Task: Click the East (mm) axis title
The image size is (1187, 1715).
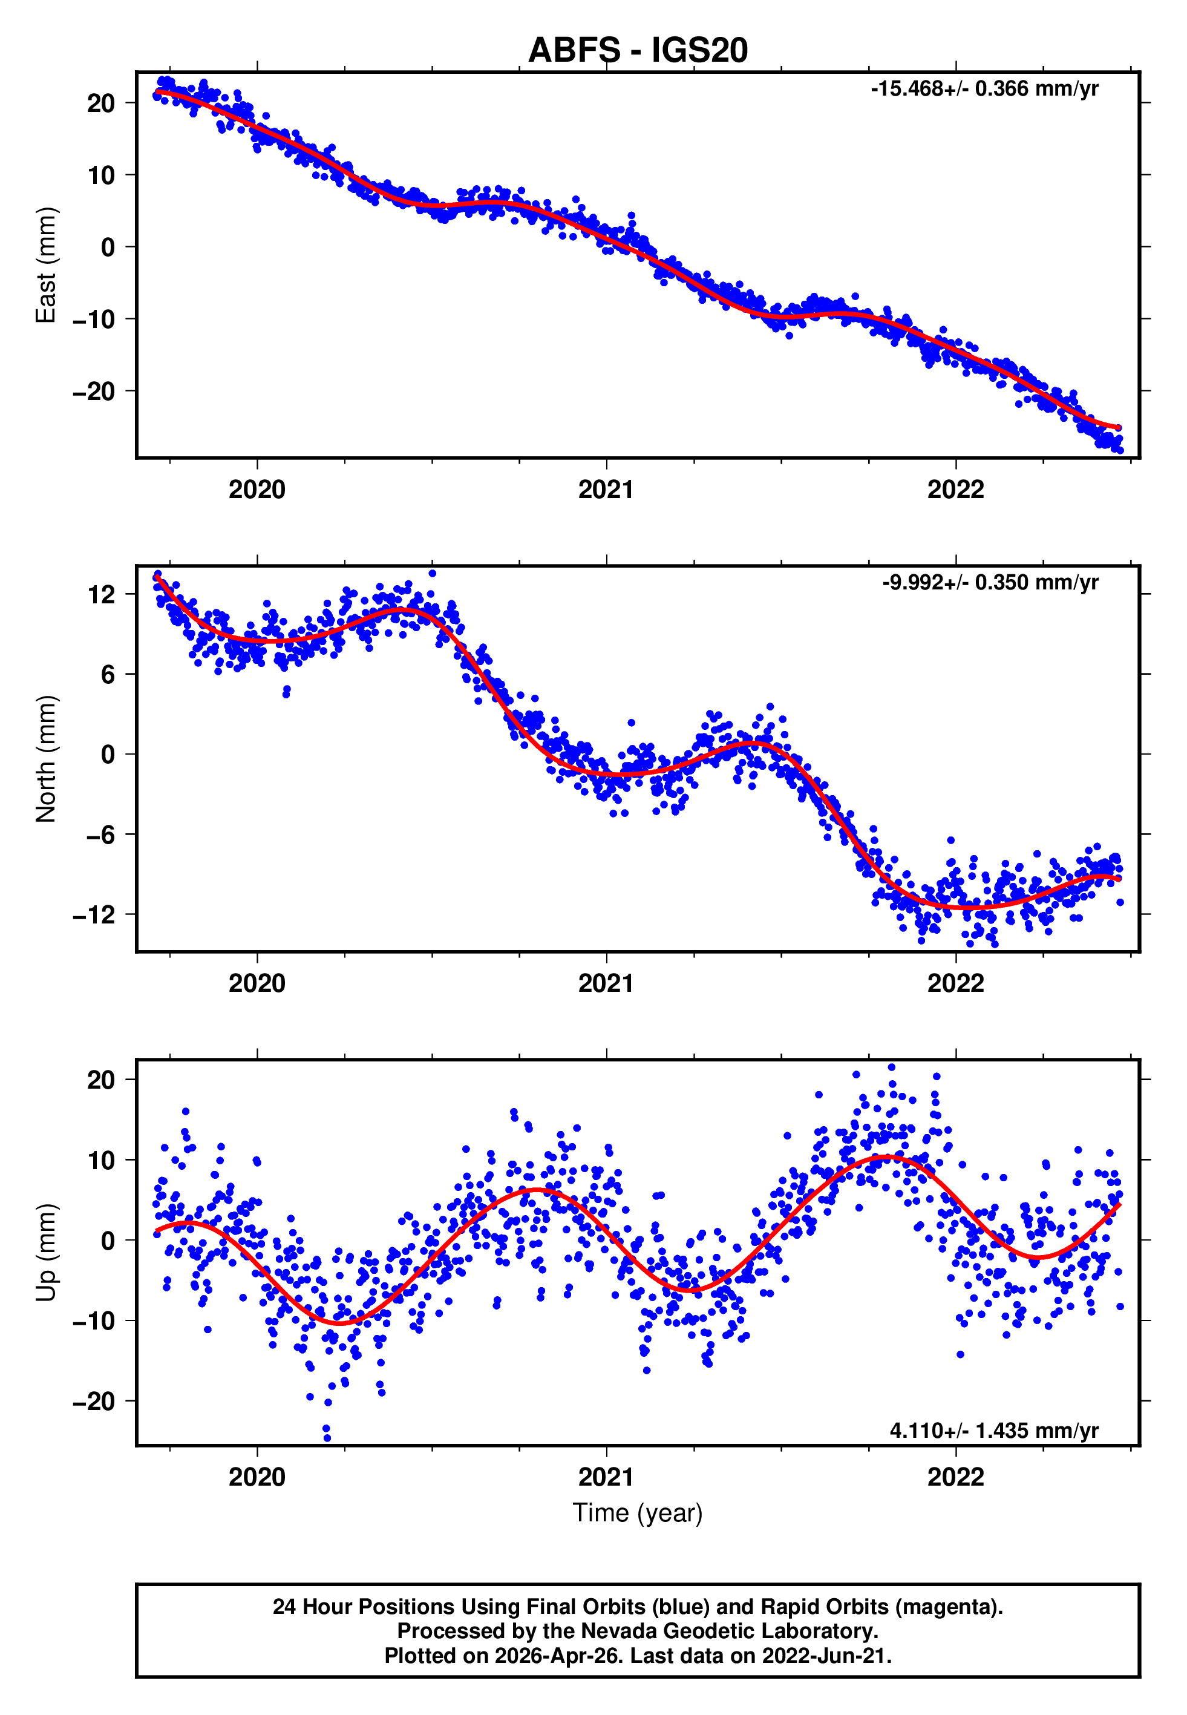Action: pos(46,265)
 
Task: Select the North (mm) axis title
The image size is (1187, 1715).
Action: pos(46,759)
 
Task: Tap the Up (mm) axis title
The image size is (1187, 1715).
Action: pos(46,1253)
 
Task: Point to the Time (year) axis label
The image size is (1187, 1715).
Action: pos(638,1513)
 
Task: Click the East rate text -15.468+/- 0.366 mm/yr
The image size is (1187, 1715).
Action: pos(985,89)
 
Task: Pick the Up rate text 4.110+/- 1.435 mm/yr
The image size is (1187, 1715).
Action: pos(995,1430)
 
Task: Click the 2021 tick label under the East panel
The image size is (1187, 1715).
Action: pos(606,490)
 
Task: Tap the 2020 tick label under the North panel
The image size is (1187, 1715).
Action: pos(257,983)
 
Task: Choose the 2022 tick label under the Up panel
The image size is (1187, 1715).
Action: pos(956,1477)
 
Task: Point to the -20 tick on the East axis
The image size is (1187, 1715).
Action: pos(94,391)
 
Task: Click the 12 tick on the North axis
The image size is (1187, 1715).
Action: pos(102,595)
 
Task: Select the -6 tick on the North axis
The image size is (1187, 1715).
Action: pos(101,835)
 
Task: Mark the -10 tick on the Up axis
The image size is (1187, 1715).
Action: pos(94,1321)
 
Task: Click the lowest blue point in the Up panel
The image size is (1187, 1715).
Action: pos(327,1438)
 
